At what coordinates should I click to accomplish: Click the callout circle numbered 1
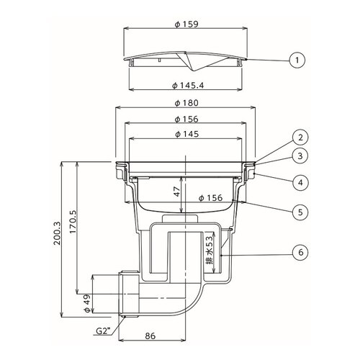[297, 60]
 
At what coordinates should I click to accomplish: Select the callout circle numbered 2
[300, 138]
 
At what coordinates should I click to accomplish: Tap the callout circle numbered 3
[300, 156]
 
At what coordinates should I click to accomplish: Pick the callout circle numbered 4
[300, 183]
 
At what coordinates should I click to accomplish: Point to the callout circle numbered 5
[300, 212]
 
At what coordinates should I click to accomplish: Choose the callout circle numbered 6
[301, 252]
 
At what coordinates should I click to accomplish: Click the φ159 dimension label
[186, 24]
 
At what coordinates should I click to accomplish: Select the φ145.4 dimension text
[188, 86]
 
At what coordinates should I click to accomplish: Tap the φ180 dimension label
[186, 103]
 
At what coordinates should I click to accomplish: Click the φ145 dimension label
[186, 134]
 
